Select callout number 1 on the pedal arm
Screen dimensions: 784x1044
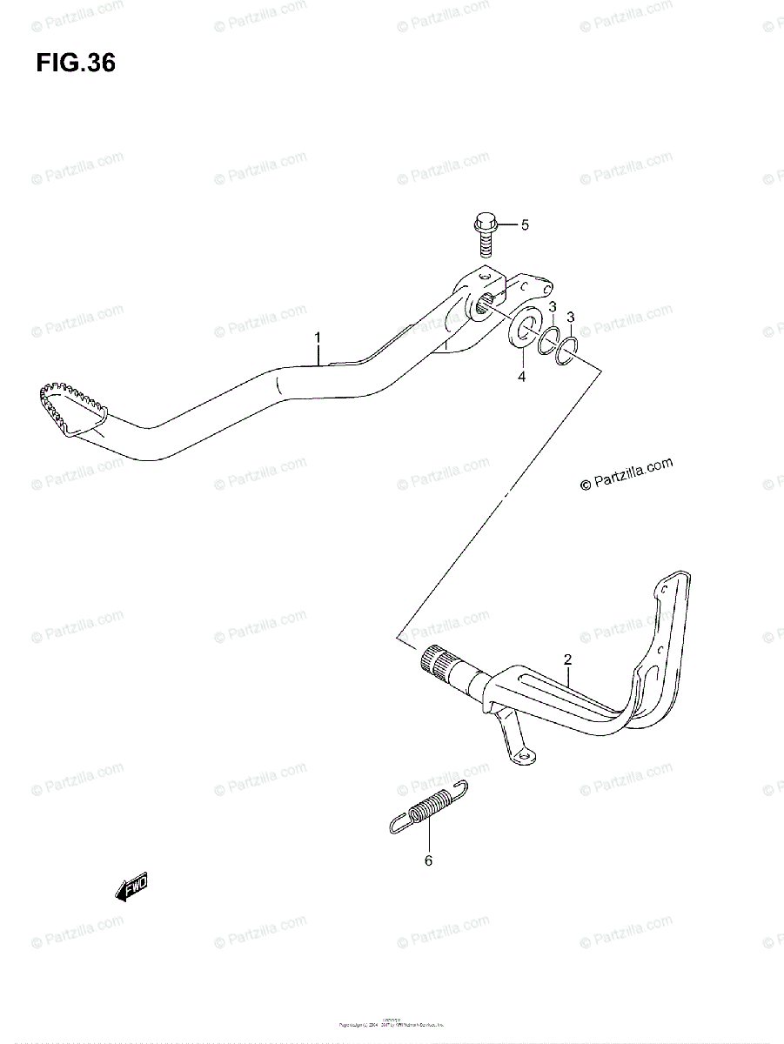pyautogui.click(x=318, y=337)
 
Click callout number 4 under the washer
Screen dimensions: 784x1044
pyautogui.click(x=522, y=377)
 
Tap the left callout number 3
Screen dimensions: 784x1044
pyautogui.click(x=552, y=306)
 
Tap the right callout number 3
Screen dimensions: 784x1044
pyautogui.click(x=571, y=316)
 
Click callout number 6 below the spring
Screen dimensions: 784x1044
pyautogui.click(x=428, y=861)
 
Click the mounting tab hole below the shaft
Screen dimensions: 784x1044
pyautogui.click(x=525, y=758)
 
